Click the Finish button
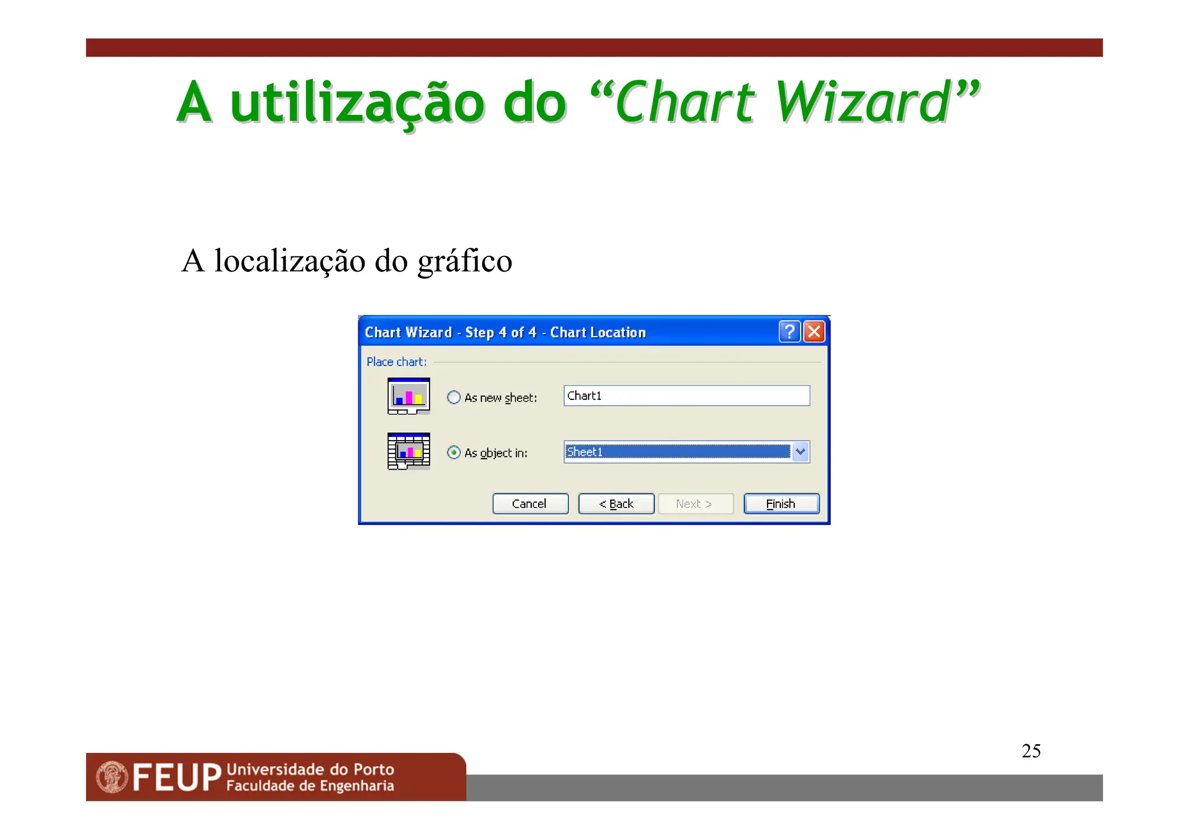click(x=781, y=504)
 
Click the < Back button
click(x=616, y=504)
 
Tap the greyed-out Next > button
click(x=695, y=504)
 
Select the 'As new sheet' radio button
click(x=454, y=398)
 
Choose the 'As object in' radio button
click(x=454, y=453)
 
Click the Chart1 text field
click(x=686, y=396)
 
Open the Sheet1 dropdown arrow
click(x=801, y=452)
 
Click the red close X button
click(x=814, y=332)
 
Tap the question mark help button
click(x=790, y=332)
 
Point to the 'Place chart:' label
click(x=397, y=362)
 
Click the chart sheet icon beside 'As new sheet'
click(x=409, y=396)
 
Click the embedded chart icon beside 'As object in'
click(x=409, y=451)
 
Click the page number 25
click(x=1031, y=751)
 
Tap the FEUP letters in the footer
click(x=177, y=778)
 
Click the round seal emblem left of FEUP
click(x=112, y=777)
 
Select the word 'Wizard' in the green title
click(x=863, y=103)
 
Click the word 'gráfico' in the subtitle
click(x=465, y=261)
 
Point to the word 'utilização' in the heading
click(x=357, y=103)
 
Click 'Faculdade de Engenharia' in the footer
click(x=310, y=786)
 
